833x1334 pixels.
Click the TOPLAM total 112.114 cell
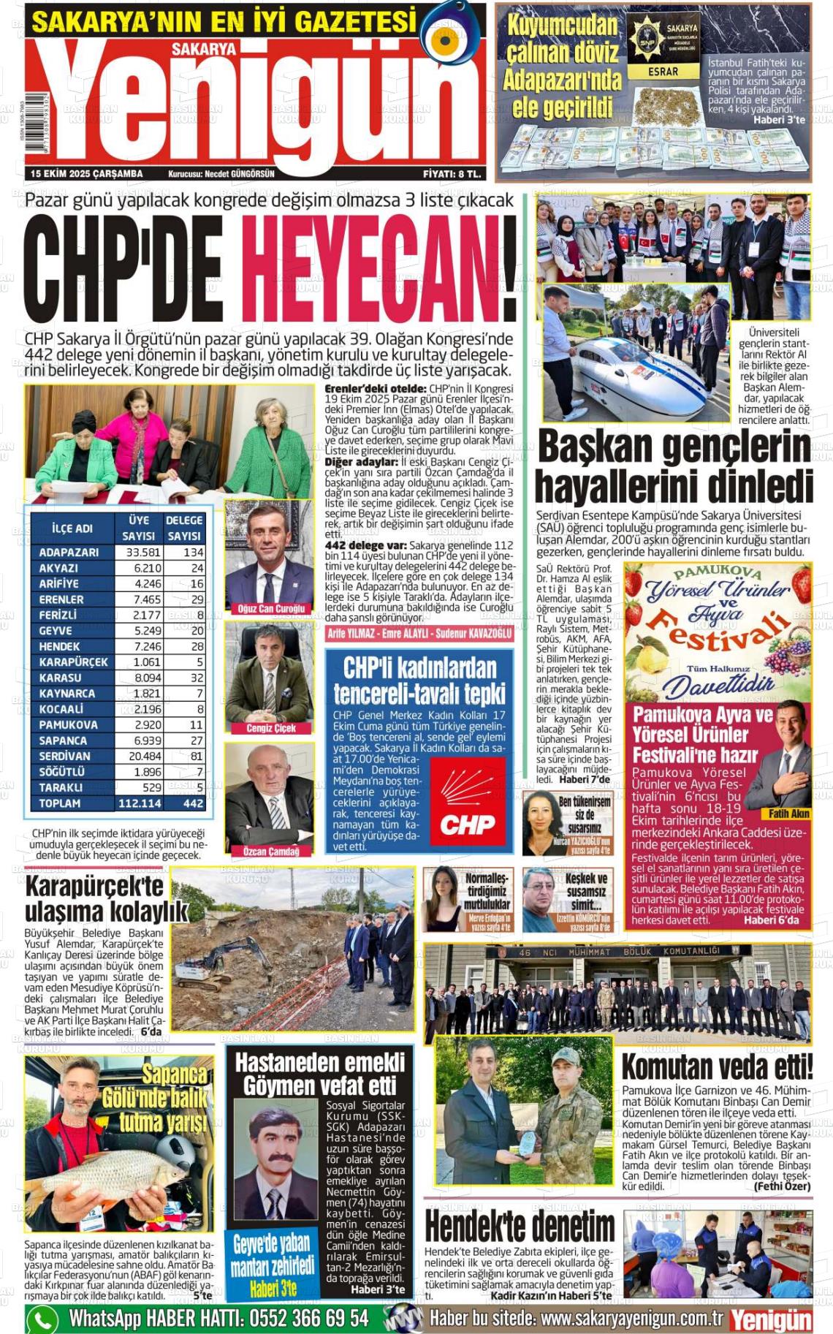tap(139, 803)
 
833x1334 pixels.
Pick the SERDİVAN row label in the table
tap(65, 756)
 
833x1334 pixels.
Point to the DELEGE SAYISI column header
tap(184, 528)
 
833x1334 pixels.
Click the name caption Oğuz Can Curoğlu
tap(271, 609)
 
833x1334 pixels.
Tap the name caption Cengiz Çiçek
tap(271, 728)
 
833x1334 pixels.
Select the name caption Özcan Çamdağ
tap(271, 851)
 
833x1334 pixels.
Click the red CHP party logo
tap(468, 804)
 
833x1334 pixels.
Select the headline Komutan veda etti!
tap(716, 1068)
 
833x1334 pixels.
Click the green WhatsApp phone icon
tap(42, 1319)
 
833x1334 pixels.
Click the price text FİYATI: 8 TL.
tap(451, 174)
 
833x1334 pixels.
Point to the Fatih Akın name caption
tap(789, 814)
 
